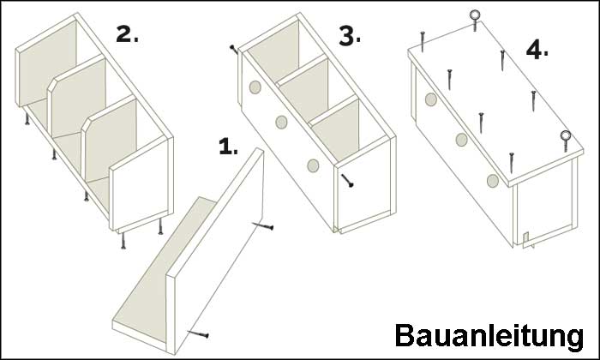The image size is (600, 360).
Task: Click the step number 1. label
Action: point(228,147)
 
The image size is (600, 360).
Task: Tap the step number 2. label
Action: point(127,34)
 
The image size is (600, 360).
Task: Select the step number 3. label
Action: point(350,38)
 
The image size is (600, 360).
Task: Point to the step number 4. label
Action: point(537,50)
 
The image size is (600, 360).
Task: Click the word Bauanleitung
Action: point(489,336)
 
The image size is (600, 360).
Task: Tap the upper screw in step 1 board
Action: point(263,226)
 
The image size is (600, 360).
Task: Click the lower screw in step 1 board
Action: point(198,334)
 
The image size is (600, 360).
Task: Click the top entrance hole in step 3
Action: point(255,87)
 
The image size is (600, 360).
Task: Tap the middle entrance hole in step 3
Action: point(281,122)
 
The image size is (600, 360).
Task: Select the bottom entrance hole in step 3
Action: point(313,165)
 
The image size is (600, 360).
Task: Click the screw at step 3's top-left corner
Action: point(233,49)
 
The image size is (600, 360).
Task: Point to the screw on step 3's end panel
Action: point(347,180)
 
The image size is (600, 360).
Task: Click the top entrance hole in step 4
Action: point(431,99)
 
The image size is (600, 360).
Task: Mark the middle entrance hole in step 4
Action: point(461,140)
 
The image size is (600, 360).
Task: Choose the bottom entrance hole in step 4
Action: point(493,181)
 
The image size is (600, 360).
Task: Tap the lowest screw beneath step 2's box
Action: point(123,241)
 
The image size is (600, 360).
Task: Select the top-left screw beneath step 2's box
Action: point(27,119)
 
